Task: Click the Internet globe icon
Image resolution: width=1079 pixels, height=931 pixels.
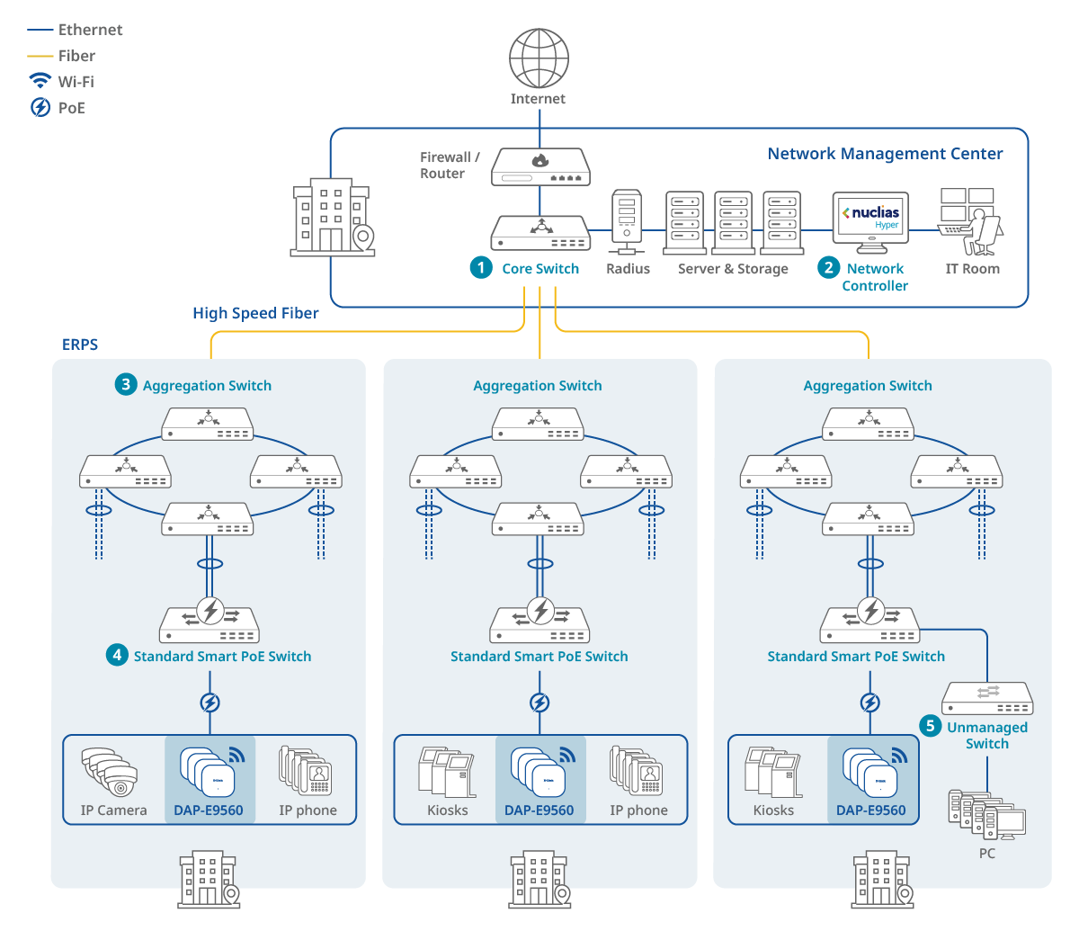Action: coord(539,58)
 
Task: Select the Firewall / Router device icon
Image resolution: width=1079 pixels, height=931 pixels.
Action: coord(540,167)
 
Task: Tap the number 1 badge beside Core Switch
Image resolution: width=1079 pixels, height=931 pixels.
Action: coord(482,267)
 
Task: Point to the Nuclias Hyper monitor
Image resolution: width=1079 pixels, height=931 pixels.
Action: coord(870,221)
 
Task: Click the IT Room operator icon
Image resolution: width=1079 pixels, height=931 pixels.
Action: coord(971,221)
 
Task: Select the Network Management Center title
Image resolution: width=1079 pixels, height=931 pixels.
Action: coord(885,154)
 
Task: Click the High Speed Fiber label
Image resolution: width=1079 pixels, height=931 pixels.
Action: coord(255,313)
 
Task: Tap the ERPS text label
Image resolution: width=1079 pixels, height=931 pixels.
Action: coord(80,345)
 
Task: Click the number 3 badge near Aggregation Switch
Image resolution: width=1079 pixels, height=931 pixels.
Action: coord(126,384)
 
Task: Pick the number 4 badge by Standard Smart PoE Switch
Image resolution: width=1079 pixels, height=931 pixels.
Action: coord(117,655)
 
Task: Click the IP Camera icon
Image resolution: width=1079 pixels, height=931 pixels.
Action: coord(111,772)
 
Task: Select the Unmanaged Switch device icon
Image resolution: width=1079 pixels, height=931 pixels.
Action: coord(987,698)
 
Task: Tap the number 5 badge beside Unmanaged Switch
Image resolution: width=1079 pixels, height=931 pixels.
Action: coord(931,726)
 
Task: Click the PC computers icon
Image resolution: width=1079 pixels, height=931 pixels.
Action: coord(986,815)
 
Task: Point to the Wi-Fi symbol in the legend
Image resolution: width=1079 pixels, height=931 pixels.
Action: coord(40,81)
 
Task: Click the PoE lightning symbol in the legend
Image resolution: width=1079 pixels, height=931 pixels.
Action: coord(40,107)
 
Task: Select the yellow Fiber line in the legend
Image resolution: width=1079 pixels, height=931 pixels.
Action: coord(40,56)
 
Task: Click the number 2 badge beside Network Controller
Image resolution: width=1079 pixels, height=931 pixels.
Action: coord(829,267)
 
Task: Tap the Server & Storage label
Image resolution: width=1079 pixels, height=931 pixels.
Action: coord(733,269)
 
